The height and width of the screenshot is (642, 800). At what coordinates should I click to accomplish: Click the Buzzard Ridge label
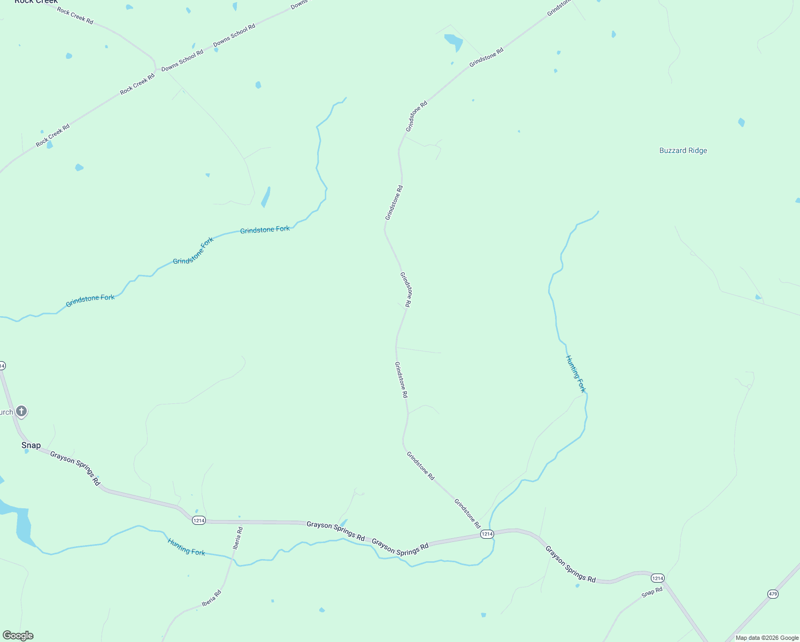(x=683, y=151)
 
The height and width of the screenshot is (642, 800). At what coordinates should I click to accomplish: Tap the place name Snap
(x=31, y=445)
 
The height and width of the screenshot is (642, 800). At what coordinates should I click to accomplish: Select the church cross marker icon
(x=21, y=411)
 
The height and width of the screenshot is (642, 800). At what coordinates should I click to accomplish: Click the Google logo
(x=18, y=636)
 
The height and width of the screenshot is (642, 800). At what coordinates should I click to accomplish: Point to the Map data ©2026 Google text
(x=767, y=638)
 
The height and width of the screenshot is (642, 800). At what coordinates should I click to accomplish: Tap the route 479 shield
(x=773, y=594)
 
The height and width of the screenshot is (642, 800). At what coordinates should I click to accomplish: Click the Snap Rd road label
(x=652, y=593)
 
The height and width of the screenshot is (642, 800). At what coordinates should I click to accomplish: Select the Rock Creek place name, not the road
(x=36, y=2)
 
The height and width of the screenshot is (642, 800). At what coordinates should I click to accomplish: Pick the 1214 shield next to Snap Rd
(x=658, y=578)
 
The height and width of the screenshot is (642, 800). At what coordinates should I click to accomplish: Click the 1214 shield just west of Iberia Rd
(x=199, y=521)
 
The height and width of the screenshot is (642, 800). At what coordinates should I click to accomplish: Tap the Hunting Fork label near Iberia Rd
(x=186, y=547)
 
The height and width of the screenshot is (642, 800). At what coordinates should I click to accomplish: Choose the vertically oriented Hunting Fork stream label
(x=576, y=373)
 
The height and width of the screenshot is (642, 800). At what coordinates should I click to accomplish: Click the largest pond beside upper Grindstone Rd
(x=454, y=41)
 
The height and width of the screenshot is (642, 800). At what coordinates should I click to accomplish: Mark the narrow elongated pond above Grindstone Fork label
(x=266, y=197)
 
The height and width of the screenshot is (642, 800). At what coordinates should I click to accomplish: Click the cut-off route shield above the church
(x=2, y=366)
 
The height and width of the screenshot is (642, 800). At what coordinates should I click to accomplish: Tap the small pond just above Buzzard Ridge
(x=741, y=123)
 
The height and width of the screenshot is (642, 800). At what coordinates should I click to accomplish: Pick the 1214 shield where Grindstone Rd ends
(x=487, y=534)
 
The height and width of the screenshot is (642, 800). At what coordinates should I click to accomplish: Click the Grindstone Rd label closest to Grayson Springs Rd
(x=467, y=514)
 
